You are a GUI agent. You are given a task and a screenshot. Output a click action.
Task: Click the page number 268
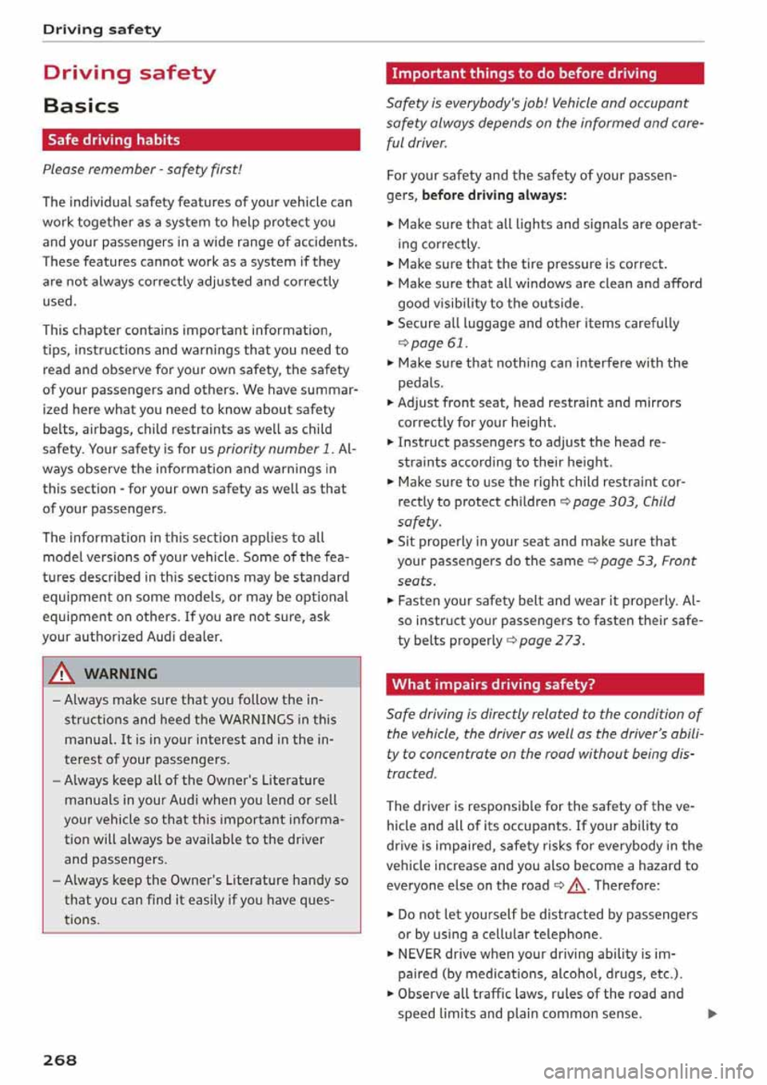tap(60, 1059)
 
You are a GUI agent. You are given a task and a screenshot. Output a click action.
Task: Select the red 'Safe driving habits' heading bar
tap(201, 140)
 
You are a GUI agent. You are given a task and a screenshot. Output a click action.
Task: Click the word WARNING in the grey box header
tap(121, 674)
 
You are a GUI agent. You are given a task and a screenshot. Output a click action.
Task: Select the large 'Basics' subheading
tap(81, 105)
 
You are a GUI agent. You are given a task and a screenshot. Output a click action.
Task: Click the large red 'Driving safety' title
tap(129, 73)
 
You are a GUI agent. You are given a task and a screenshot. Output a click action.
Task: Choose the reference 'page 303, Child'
tap(623, 501)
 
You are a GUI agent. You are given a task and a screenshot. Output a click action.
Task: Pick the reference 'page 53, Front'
tap(647, 561)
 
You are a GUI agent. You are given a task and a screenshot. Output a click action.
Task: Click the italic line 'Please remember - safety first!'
tap(142, 169)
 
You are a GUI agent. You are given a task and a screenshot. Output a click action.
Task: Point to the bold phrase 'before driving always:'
tap(495, 195)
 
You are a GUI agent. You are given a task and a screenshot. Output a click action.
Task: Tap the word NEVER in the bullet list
tap(419, 953)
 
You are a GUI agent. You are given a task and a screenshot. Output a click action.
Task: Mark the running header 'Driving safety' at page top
tap(102, 30)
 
